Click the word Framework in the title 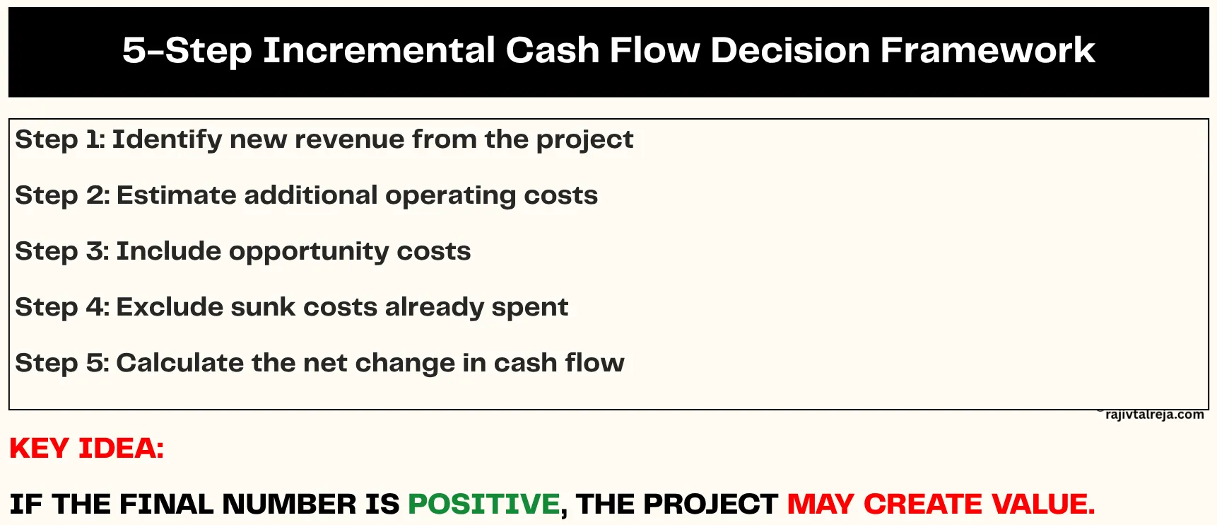point(987,51)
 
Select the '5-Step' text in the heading point(187,51)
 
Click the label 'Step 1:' point(60,139)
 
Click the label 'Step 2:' point(62,195)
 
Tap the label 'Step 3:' point(62,251)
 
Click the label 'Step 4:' point(62,307)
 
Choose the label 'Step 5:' point(62,363)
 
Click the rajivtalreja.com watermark point(1154,415)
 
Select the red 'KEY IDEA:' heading point(86,449)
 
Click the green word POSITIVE point(483,504)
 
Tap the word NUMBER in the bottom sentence point(290,504)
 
